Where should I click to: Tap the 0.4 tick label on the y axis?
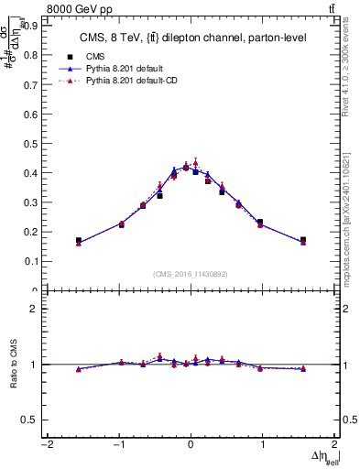[x=29, y=172]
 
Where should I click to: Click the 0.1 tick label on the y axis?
[x=29, y=261]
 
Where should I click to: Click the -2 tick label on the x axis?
[x=46, y=446]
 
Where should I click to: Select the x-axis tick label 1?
[x=263, y=446]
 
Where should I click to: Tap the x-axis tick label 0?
[x=191, y=446]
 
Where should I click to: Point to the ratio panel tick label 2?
[x=33, y=309]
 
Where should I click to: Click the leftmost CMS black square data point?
[x=79, y=240]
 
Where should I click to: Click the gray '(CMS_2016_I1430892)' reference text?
[x=190, y=273]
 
